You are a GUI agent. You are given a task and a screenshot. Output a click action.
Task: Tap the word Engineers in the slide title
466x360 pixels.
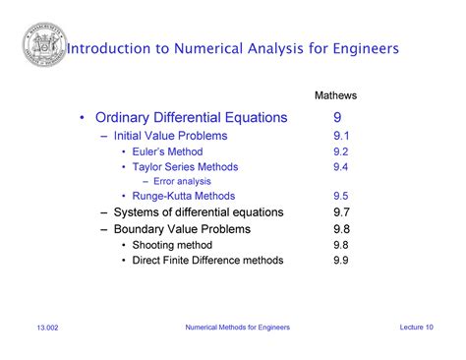point(360,47)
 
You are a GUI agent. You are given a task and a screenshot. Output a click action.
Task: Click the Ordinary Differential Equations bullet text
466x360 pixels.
point(191,118)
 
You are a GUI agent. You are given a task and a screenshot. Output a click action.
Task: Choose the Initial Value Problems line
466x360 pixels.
point(170,136)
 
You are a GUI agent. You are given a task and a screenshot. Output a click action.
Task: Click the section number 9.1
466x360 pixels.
point(341,136)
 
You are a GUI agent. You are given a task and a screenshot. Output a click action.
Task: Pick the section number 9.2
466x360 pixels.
point(341,151)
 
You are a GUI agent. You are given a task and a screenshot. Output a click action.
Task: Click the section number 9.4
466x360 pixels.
point(341,167)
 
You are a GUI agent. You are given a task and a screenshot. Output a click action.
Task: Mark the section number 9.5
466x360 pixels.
point(341,196)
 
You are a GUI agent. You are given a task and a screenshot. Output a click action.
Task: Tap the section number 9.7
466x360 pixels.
point(341,211)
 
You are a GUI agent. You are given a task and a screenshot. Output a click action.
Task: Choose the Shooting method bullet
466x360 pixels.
point(171,244)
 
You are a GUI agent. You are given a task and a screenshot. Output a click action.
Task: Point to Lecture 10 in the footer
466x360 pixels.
point(417,327)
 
